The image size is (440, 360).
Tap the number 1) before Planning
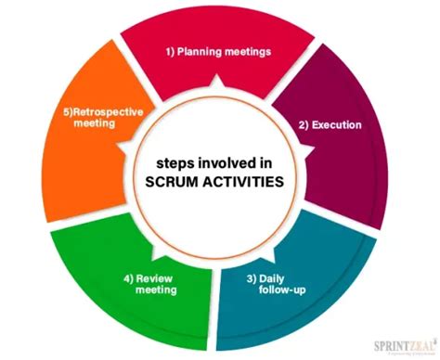pyautogui.click(x=173, y=51)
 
